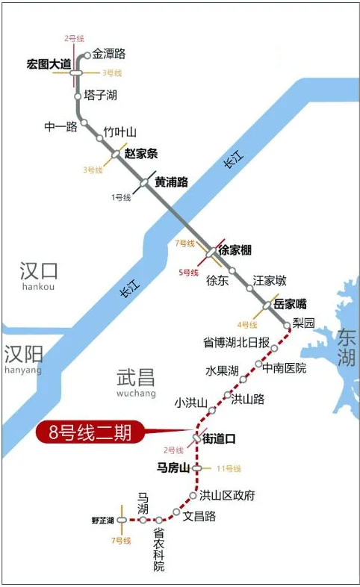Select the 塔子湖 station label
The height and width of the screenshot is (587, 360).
[101, 95]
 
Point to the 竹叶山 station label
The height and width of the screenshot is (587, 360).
[120, 131]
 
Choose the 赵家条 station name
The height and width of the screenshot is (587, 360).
[141, 155]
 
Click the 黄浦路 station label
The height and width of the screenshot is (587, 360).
[171, 181]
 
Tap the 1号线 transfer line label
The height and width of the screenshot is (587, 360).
[121, 197]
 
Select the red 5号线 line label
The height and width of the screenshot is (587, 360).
[188, 272]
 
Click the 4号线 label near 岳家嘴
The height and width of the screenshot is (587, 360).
[247, 325]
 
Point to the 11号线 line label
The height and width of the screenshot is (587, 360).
[229, 469]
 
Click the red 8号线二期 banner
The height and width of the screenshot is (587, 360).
[90, 433]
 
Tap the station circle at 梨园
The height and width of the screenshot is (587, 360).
[288, 326]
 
